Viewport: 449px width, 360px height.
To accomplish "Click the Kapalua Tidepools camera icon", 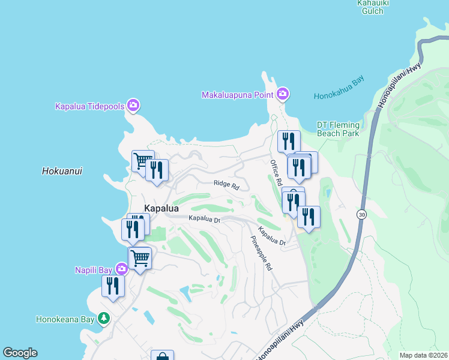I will coord(133,106).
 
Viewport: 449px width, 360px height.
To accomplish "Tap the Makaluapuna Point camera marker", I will coord(283,94).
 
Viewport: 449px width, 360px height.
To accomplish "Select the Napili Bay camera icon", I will coord(122,269).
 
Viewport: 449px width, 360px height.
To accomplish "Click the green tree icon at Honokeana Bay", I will coord(104,318).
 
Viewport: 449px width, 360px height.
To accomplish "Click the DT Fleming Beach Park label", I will coord(338,129).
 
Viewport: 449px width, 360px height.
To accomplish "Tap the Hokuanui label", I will coord(62,171).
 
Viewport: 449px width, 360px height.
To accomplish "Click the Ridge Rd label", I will coord(226,185).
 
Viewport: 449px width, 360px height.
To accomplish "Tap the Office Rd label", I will coord(276,172).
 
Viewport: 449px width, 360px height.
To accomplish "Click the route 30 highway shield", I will coord(361,214).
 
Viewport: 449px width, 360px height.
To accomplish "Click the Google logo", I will coord(20,353).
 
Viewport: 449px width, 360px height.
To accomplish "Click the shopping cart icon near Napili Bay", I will coord(140,259).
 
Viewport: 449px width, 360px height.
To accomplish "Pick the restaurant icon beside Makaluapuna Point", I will coord(289,142).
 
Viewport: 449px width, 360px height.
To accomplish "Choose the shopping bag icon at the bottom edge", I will coord(162,356).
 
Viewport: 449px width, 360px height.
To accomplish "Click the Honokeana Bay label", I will coord(66,319).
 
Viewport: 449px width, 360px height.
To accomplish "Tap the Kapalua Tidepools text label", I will coord(89,106).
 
